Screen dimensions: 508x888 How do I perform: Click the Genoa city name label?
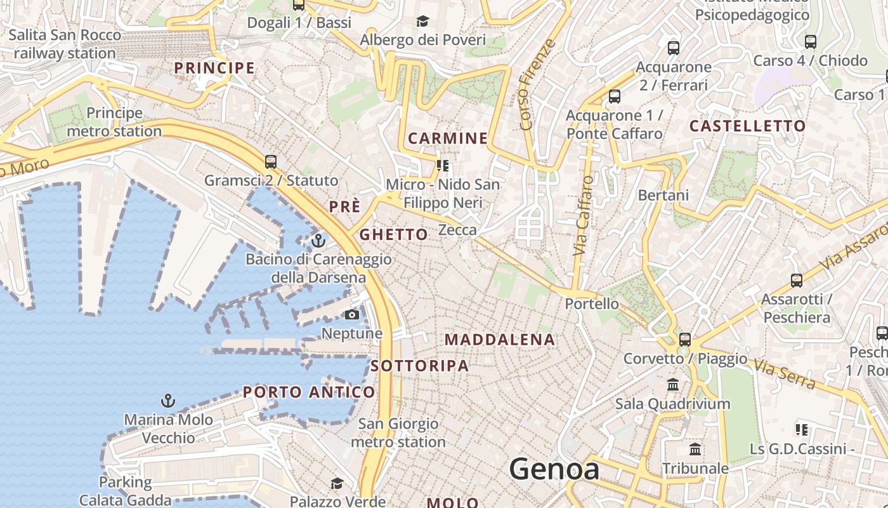pos(554,469)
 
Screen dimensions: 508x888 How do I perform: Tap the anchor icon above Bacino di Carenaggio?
pos(318,241)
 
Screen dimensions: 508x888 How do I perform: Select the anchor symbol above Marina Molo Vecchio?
pos(168,401)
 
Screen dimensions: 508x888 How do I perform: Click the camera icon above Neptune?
pos(352,315)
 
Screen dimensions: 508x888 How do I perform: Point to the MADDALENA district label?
pos(500,340)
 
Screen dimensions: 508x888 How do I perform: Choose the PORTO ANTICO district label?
pos(309,392)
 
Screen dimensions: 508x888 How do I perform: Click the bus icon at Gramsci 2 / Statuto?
pos(271,161)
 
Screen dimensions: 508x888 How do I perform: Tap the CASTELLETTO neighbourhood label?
pos(747,126)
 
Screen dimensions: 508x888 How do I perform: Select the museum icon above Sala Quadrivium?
pos(673,385)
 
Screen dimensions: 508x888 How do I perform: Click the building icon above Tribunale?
pos(695,450)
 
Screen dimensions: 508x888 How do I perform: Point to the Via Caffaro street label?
pos(584,216)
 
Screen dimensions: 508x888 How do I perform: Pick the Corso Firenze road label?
pos(537,84)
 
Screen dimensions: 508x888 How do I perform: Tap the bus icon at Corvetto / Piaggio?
pos(684,339)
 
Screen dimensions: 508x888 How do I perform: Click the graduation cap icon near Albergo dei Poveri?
pos(422,22)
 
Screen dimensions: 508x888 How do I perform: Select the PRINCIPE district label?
pos(214,68)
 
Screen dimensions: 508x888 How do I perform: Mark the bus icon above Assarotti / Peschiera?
pos(796,280)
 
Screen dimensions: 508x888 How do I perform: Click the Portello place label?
pos(592,304)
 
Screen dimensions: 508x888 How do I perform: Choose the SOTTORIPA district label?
pos(420,366)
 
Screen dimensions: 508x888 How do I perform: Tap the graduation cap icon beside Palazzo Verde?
pos(337,484)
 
